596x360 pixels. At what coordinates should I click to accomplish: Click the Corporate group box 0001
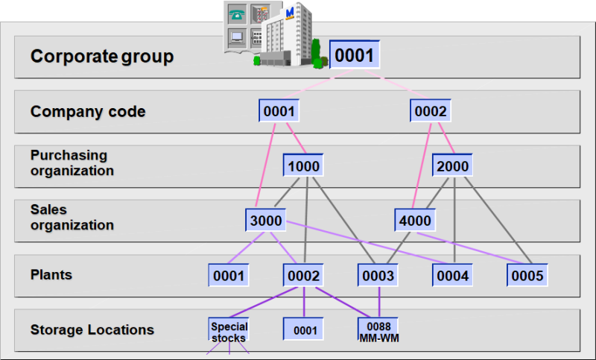coord(355,55)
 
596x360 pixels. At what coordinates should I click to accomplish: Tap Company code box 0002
coord(430,112)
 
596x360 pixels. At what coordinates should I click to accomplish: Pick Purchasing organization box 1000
coord(303,165)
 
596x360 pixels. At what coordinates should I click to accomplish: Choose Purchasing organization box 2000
coord(452,165)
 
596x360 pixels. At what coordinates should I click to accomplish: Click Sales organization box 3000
coord(266,221)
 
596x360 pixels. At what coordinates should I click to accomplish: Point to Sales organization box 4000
coord(415,221)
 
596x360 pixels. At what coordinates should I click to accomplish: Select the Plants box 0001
coord(229,276)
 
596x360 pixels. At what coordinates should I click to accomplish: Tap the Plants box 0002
coord(303,276)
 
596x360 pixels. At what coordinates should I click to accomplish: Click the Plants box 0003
coord(378,276)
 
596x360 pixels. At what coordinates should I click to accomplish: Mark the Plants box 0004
coord(453,276)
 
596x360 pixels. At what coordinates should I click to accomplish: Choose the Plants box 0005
coord(527,276)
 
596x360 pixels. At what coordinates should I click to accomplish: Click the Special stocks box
coord(229,331)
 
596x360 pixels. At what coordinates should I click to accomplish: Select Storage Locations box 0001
coord(304,329)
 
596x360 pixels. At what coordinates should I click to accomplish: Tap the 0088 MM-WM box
coord(378,329)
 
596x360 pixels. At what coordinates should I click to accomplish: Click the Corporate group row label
coord(101,57)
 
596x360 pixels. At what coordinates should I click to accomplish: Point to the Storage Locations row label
coord(92,329)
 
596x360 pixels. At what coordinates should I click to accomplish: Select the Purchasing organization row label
coord(72,163)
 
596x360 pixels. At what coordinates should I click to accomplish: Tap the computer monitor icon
coord(238,37)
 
